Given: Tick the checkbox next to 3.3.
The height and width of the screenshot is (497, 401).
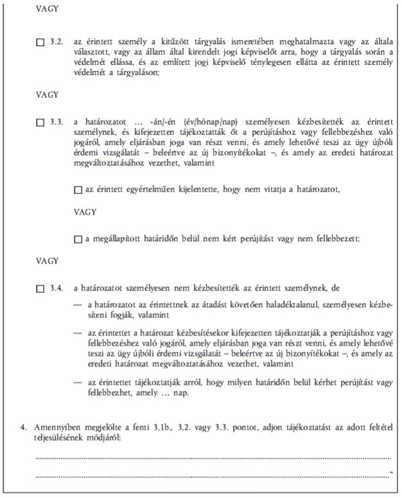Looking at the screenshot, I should (x=41, y=121).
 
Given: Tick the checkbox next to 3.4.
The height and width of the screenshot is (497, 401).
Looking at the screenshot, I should (x=41, y=290).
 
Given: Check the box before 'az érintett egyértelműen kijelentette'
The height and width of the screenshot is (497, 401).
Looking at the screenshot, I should (x=78, y=190).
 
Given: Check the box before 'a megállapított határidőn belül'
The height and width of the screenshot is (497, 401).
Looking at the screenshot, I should (x=78, y=239).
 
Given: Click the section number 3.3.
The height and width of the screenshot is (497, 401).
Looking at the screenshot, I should (x=56, y=121).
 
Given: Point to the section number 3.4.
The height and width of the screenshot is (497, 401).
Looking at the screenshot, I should (x=56, y=290).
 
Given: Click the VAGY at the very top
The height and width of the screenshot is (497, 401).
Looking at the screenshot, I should (x=47, y=10).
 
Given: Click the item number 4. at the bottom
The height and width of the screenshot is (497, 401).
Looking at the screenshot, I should (x=22, y=426).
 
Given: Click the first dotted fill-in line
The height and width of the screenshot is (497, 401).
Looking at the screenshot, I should (x=212, y=458).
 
